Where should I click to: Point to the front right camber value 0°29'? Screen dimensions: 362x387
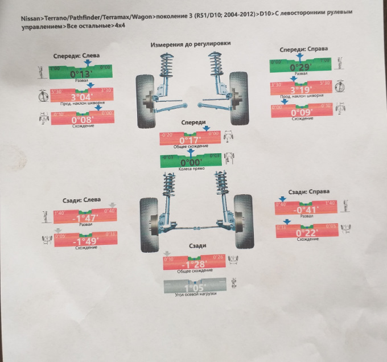(x=300, y=67)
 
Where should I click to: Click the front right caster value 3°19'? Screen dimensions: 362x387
(x=300, y=89)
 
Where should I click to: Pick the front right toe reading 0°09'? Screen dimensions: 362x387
(x=301, y=112)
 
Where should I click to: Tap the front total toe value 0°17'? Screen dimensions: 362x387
(x=191, y=139)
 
